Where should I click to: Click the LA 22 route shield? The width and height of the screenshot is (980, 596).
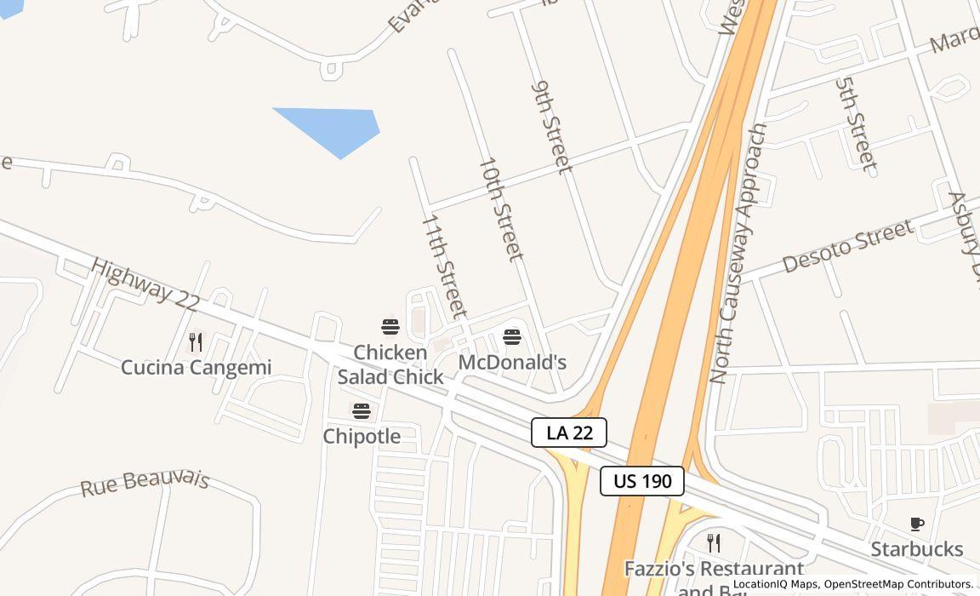pyautogui.click(x=569, y=433)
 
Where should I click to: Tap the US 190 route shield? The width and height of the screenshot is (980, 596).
pyautogui.click(x=642, y=481)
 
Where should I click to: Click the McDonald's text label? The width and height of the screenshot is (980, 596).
pyautogui.click(x=512, y=362)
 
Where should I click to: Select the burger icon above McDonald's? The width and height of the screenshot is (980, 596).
pyautogui.click(x=512, y=337)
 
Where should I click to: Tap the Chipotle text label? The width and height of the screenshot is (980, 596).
pyautogui.click(x=362, y=436)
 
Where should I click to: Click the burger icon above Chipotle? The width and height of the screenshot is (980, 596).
pyautogui.click(x=362, y=411)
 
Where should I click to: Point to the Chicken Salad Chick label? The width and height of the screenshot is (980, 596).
pyautogui.click(x=390, y=364)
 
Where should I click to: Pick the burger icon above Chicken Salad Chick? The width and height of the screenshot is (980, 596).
pyautogui.click(x=390, y=326)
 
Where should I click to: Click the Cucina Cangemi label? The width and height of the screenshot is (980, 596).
pyautogui.click(x=196, y=367)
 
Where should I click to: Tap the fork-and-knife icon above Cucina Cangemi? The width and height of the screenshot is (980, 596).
pyautogui.click(x=196, y=342)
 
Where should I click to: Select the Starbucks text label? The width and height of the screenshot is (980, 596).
pyautogui.click(x=916, y=548)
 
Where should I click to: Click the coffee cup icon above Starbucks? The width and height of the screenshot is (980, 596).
pyautogui.click(x=916, y=524)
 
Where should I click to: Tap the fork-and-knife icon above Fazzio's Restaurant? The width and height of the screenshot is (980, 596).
pyautogui.click(x=714, y=542)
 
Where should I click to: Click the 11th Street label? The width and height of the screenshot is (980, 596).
pyautogui.click(x=445, y=265)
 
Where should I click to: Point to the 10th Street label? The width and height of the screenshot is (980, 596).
pyautogui.click(x=500, y=209)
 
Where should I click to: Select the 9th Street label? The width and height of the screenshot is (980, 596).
pyautogui.click(x=552, y=127)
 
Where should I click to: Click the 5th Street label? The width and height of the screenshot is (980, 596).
pyautogui.click(x=855, y=123)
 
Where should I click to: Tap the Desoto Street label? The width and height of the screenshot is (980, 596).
pyautogui.click(x=848, y=245)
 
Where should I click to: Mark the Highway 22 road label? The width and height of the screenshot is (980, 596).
pyautogui.click(x=145, y=284)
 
